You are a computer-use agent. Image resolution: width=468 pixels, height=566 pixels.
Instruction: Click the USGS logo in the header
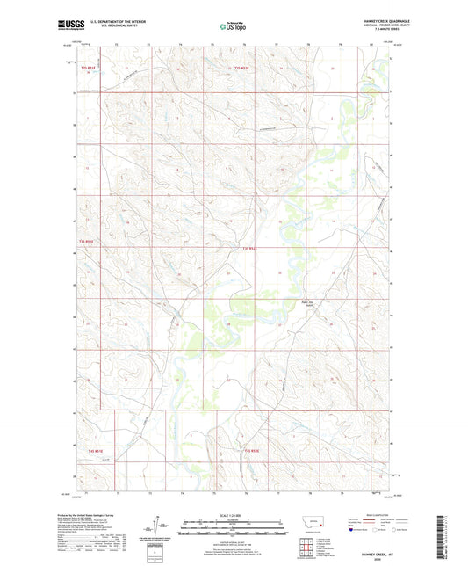tap(66, 24)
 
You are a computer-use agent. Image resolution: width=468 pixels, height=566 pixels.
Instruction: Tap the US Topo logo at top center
tap(231, 26)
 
